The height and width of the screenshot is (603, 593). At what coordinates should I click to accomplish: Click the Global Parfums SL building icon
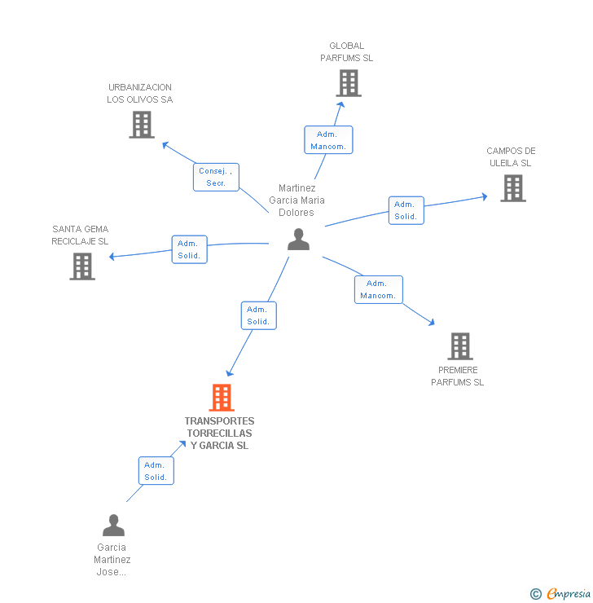tap(349, 83)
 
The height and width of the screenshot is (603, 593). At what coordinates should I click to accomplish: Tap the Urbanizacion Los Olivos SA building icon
tap(142, 125)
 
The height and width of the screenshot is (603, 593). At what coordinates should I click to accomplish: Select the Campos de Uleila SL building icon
tap(512, 188)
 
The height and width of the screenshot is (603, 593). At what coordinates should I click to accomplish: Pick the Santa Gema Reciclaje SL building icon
tap(82, 266)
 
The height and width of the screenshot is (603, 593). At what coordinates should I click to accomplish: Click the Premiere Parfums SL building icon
tap(460, 346)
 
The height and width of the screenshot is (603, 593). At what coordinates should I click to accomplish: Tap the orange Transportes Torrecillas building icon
tap(222, 398)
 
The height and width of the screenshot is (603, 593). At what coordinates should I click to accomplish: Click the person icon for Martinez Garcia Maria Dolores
tap(299, 240)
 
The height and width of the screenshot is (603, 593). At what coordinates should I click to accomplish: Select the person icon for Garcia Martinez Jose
tap(113, 525)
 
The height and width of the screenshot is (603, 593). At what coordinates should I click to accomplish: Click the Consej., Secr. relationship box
tap(216, 177)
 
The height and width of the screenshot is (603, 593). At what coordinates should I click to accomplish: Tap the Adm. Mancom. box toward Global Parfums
tap(328, 140)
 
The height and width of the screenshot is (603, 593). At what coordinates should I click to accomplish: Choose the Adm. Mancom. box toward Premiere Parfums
tap(378, 289)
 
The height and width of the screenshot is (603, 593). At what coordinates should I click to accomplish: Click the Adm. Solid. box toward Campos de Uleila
tap(406, 210)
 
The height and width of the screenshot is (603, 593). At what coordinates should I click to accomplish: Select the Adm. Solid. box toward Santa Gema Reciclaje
tap(189, 249)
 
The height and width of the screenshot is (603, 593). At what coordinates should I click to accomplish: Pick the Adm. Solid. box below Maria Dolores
tap(258, 315)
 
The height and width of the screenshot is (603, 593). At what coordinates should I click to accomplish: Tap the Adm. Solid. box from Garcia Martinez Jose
tap(156, 471)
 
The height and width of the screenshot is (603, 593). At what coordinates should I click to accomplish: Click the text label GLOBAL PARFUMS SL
tap(347, 52)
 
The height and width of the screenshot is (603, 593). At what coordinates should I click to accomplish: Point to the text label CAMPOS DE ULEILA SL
tap(511, 156)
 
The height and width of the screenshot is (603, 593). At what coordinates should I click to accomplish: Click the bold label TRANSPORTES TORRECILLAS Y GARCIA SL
tap(219, 434)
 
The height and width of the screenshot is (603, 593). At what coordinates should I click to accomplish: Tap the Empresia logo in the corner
tap(563, 594)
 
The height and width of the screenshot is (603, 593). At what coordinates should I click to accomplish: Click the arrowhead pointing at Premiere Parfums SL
tap(432, 323)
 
